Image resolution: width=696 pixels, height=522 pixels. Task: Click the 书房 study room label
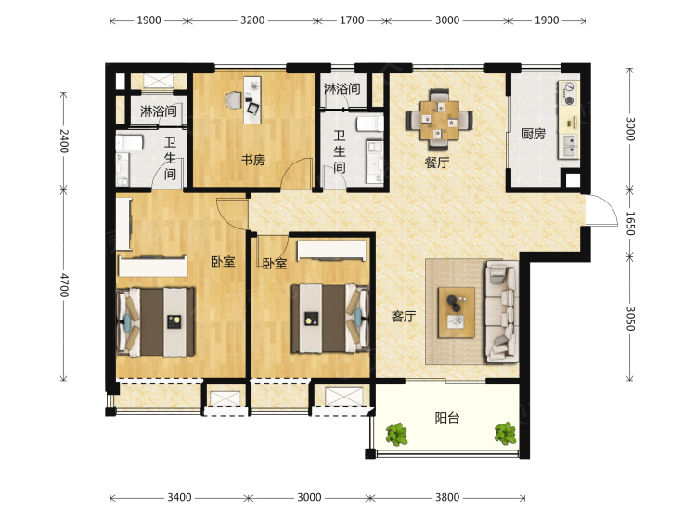point(253,160)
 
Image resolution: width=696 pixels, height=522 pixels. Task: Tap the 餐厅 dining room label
point(437,163)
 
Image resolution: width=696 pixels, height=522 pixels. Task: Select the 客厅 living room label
point(404,317)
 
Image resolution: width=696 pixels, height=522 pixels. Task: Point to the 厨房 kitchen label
point(533,133)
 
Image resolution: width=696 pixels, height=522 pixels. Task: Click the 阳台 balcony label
point(447,418)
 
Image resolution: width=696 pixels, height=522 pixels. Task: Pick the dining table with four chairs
point(439,120)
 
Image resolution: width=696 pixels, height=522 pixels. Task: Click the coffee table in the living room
point(457,313)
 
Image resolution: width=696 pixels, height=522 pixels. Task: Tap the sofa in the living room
point(502,311)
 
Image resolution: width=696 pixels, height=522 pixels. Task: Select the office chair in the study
point(234,100)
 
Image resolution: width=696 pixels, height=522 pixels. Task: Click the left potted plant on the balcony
point(396,434)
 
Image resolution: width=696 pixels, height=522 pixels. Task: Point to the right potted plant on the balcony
point(505,433)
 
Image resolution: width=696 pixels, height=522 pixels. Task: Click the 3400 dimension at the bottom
point(179,497)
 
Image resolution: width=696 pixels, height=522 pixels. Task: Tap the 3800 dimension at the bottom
point(447,497)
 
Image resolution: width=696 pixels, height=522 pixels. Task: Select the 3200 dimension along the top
point(252,20)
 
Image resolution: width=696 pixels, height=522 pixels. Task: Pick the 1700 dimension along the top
point(352,20)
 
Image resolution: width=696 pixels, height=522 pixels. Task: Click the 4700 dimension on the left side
point(64,285)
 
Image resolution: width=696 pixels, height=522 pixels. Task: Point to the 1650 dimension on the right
point(630,223)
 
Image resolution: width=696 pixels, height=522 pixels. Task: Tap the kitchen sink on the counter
point(569,146)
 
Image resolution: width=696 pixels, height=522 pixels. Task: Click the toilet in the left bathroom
point(130,143)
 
